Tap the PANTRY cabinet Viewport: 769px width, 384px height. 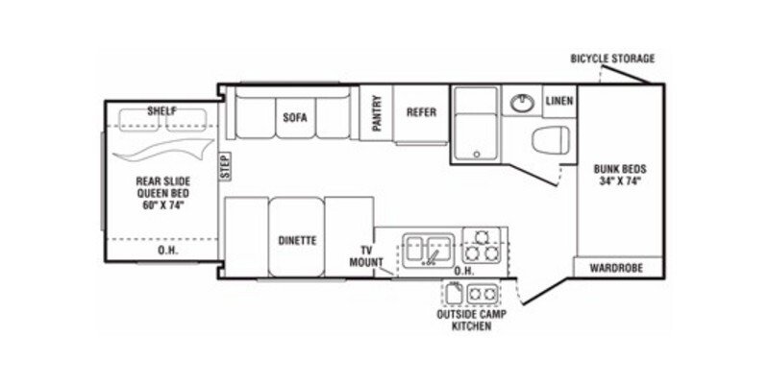pos(378,113)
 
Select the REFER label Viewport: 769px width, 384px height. pos(421,112)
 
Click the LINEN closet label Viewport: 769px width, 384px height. pos(559,100)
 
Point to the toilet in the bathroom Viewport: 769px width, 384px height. pos(549,140)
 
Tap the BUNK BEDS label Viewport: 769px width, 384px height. pos(619,174)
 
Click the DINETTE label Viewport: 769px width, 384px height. pos(299,240)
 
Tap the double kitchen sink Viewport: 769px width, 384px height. pos(426,247)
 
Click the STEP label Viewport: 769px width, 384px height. pos(222,167)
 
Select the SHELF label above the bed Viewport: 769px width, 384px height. pos(161,111)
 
